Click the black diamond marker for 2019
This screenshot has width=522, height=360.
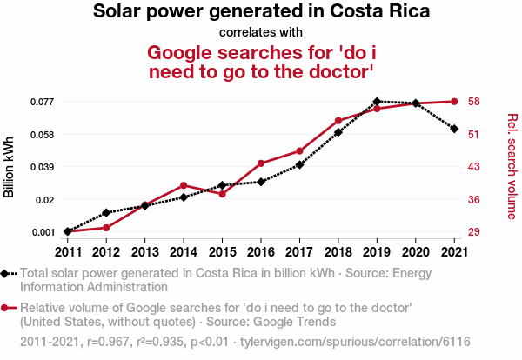[x=377, y=102]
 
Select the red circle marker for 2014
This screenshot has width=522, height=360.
[x=184, y=185]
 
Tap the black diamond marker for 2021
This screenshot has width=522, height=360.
[x=454, y=129]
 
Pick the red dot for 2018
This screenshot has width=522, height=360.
[x=338, y=121]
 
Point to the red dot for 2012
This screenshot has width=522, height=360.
[x=106, y=228]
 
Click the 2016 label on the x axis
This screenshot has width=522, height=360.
[x=261, y=252]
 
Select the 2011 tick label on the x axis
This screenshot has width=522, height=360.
[x=68, y=252]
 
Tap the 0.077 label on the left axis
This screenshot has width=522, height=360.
[x=43, y=102]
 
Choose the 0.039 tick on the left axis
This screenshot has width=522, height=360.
[x=43, y=167]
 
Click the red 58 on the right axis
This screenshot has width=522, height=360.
[x=473, y=102]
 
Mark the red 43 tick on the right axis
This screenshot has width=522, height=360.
[x=473, y=167]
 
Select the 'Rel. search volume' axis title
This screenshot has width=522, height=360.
[x=512, y=166]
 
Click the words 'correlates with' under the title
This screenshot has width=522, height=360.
[x=261, y=33]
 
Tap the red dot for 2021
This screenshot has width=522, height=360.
[x=454, y=102]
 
